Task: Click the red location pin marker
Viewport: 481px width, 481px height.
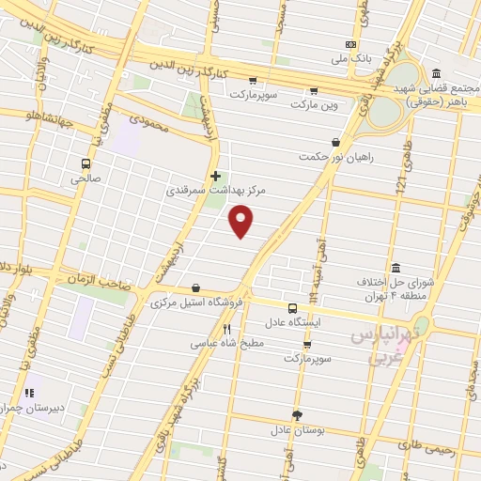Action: click(242, 222)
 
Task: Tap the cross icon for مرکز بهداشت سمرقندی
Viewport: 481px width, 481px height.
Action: click(217, 176)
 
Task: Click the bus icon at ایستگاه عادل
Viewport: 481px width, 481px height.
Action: click(292, 307)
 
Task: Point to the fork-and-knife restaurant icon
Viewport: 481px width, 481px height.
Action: click(226, 330)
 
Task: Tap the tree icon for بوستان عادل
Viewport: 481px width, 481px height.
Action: click(298, 414)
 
